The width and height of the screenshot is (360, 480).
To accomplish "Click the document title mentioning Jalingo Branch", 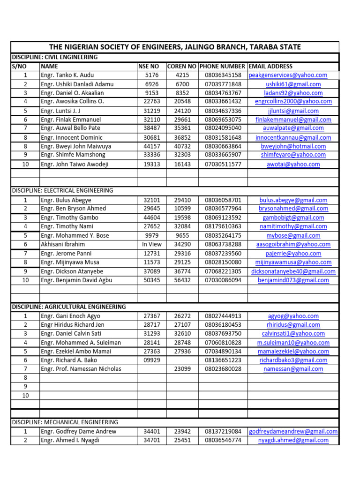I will (175, 47).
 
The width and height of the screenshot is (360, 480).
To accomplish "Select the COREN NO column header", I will (182, 67).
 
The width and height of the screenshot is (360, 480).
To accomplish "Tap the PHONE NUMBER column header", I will (223, 67).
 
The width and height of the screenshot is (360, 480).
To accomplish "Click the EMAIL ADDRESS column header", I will (270, 67).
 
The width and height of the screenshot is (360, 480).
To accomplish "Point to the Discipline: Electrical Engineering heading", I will (62, 191).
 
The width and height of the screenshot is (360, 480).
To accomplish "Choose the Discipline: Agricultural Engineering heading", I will (69, 307).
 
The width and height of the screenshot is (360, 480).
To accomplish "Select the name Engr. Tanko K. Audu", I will (67, 75).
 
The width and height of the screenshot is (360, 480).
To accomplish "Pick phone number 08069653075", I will (223, 120).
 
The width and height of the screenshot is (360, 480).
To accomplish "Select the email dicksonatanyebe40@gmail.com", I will (293, 271).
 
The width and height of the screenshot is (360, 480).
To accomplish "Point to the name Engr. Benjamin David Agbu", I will (76, 280).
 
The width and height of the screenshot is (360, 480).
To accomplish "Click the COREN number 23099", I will (182, 369).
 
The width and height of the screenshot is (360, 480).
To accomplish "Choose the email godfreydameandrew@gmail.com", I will (293, 432).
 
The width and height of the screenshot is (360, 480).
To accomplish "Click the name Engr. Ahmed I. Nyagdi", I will (70, 441).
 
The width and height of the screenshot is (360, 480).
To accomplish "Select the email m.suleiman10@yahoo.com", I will (293, 343).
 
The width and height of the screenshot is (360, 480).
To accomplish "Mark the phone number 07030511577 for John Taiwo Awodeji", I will (223, 165).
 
